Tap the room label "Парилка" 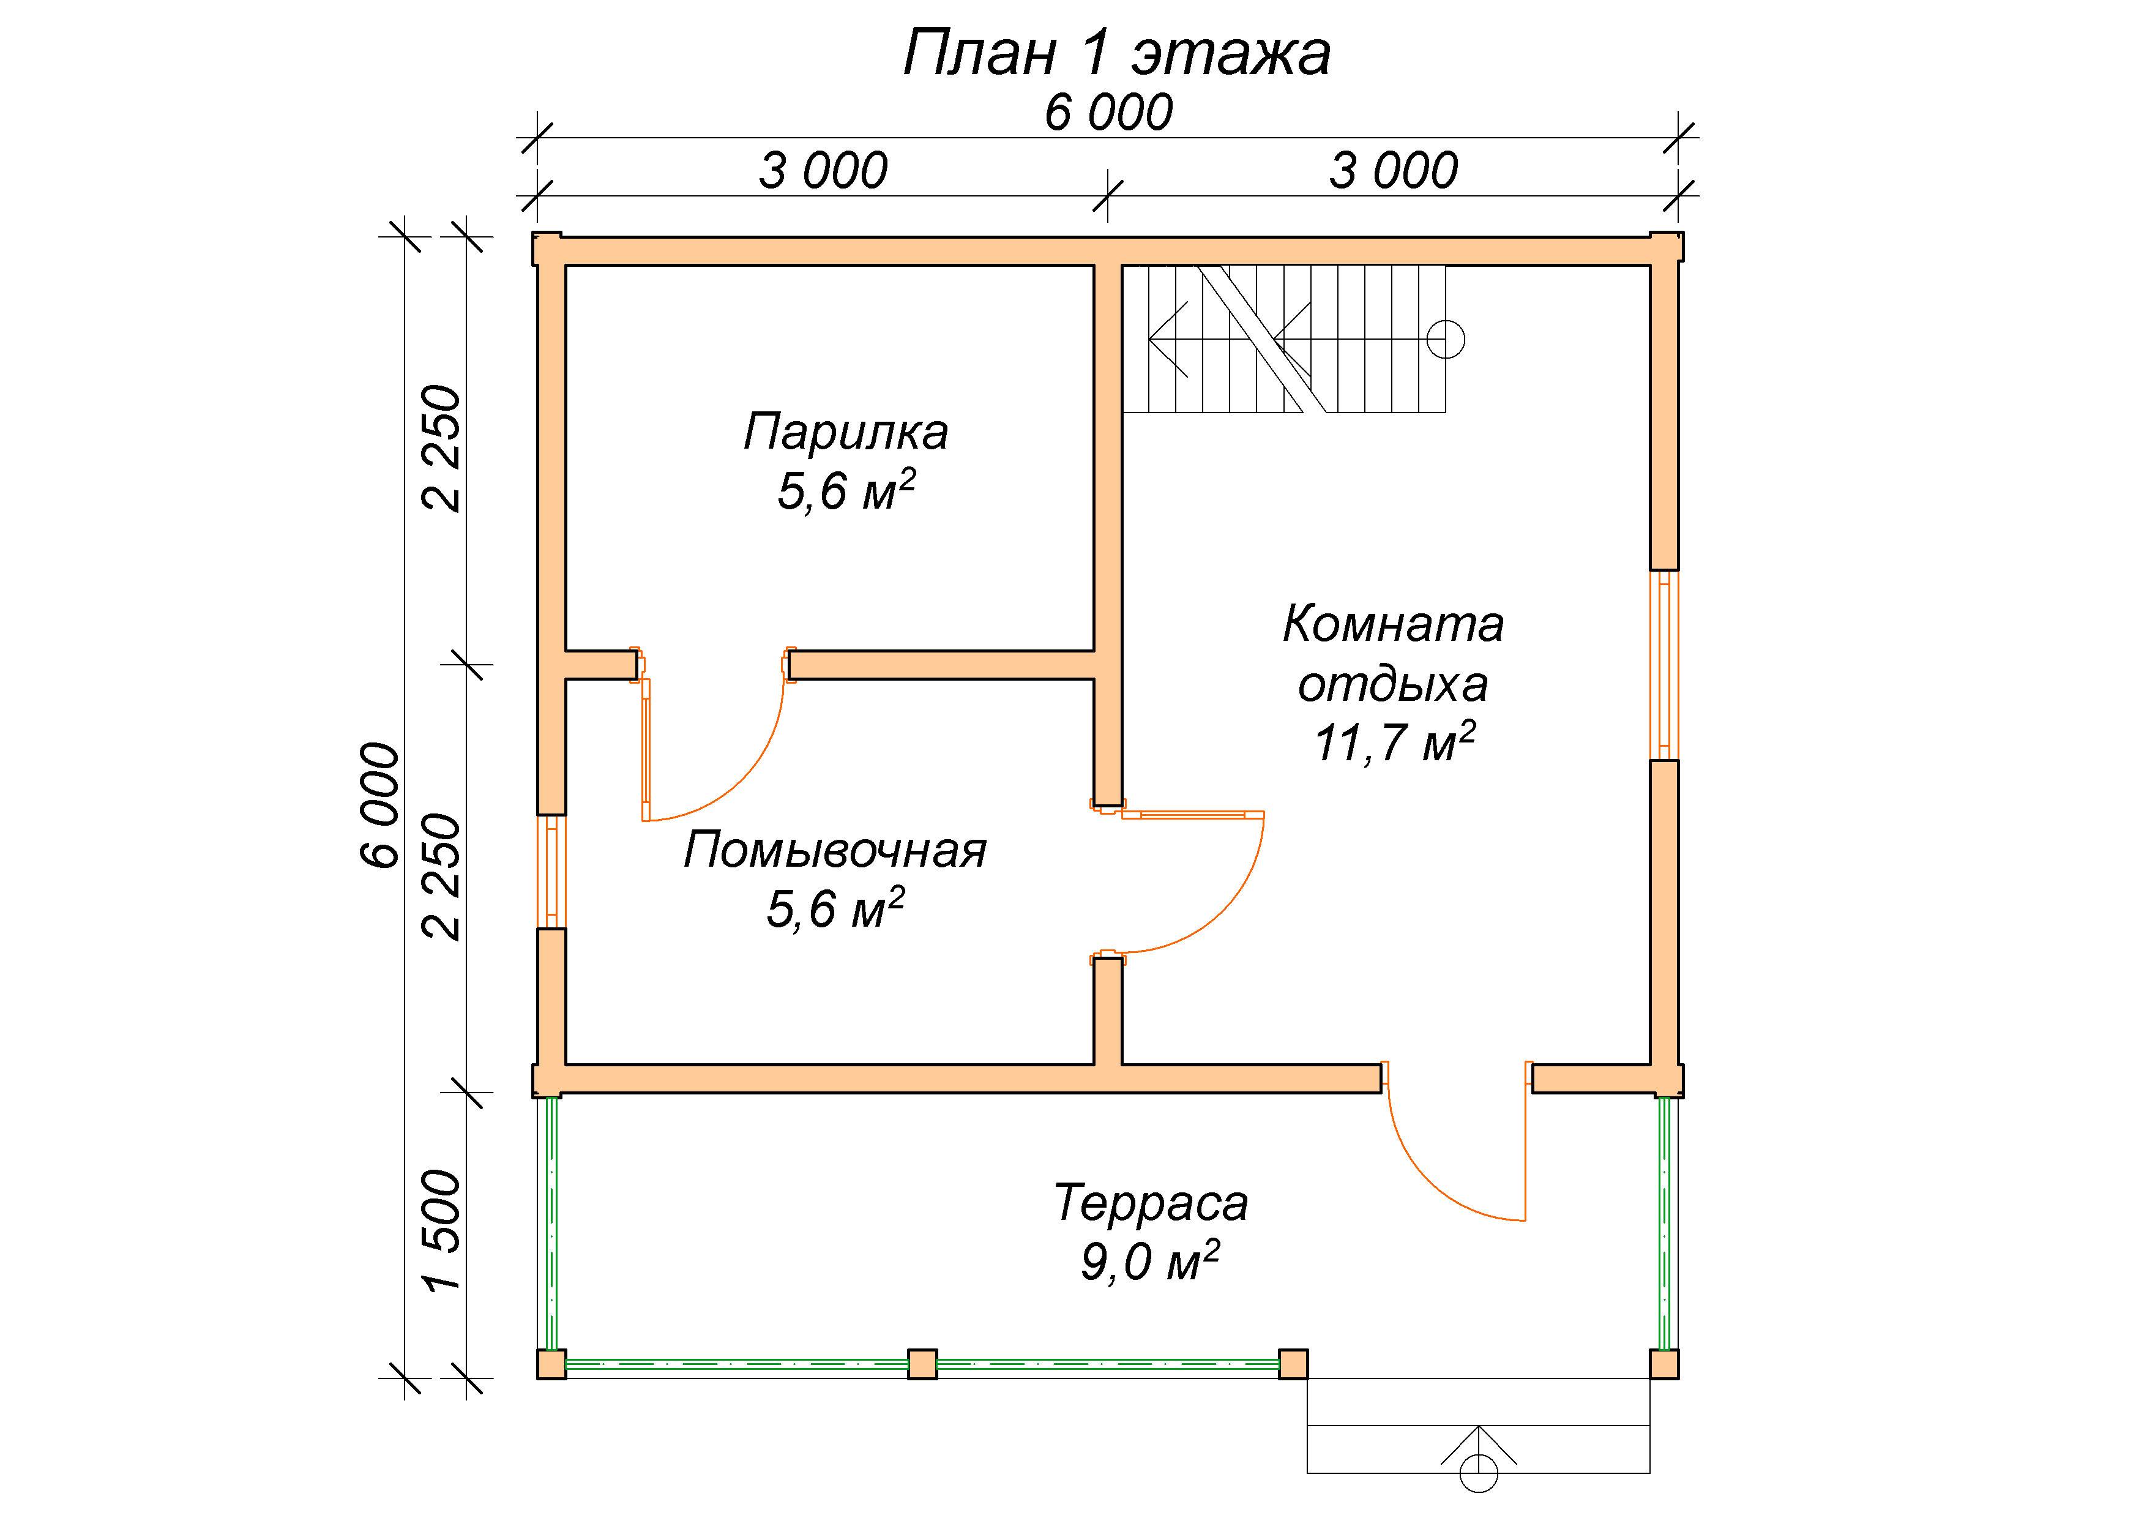pyautogui.click(x=845, y=432)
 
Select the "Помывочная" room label pyautogui.click(x=835, y=850)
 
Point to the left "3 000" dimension pyautogui.click(x=823, y=171)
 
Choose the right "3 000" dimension pyautogui.click(x=1394, y=171)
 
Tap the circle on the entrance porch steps pyautogui.click(x=1479, y=1473)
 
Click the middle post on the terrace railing pyautogui.click(x=922, y=1364)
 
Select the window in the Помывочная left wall pyautogui.click(x=551, y=871)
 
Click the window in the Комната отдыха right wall pyautogui.click(x=1665, y=665)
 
